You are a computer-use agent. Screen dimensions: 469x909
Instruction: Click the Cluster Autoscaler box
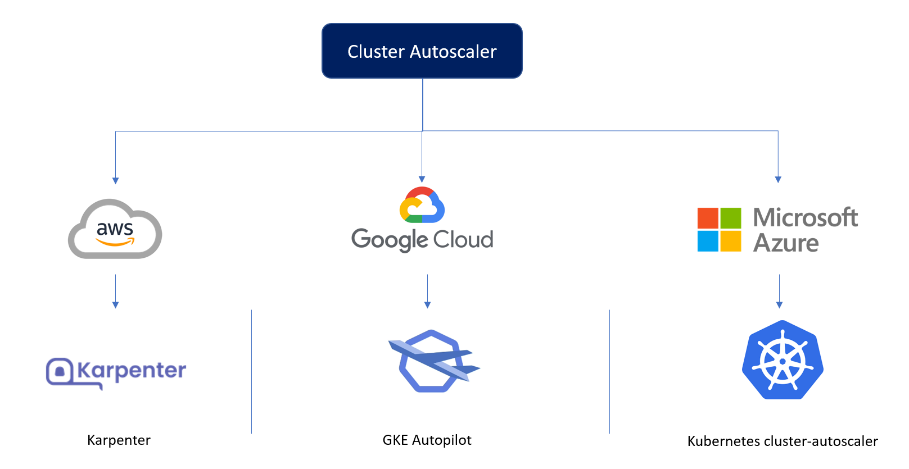(x=422, y=51)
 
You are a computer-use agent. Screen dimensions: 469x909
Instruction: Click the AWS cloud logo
(x=115, y=229)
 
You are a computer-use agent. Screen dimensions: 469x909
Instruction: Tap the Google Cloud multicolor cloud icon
(x=422, y=205)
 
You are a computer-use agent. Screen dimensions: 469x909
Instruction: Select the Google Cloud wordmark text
(x=422, y=240)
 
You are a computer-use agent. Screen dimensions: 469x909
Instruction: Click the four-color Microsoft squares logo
(x=719, y=229)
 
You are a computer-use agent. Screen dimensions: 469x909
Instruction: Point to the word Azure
(x=786, y=243)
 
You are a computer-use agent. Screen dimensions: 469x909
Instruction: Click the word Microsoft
(x=805, y=217)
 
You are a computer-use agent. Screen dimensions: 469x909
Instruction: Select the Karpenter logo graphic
(x=116, y=372)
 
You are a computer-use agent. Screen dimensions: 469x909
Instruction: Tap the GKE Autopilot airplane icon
(x=433, y=361)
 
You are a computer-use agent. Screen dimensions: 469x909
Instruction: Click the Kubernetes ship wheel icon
(x=783, y=360)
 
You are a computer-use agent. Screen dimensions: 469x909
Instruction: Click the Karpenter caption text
(x=119, y=440)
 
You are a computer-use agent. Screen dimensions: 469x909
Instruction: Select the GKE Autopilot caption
(x=427, y=440)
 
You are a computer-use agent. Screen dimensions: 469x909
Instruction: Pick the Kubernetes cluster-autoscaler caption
(x=782, y=441)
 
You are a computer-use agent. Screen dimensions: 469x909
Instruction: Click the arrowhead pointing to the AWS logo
(x=115, y=180)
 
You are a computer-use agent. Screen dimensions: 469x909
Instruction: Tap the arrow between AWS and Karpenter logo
(x=115, y=291)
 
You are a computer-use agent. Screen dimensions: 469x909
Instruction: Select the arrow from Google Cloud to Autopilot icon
(x=427, y=291)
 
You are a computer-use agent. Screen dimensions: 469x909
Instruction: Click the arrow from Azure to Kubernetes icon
(x=779, y=291)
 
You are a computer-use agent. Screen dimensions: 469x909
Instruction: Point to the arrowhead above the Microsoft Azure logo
(x=778, y=179)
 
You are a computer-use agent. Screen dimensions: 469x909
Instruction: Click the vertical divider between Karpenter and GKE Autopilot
(x=251, y=371)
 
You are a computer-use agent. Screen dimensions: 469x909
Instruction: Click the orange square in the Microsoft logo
(x=708, y=218)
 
